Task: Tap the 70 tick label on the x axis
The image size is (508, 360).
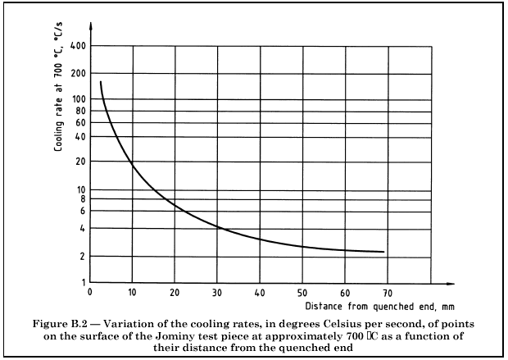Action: click(388, 292)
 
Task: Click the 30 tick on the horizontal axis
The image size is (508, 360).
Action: click(217, 292)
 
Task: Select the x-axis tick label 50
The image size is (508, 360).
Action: click(302, 292)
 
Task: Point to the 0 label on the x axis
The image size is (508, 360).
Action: click(89, 292)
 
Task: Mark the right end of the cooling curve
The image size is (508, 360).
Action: click(383, 252)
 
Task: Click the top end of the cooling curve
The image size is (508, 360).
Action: click(100, 82)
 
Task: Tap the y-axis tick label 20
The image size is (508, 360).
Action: click(80, 162)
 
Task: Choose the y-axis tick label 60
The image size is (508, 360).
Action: click(80, 123)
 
